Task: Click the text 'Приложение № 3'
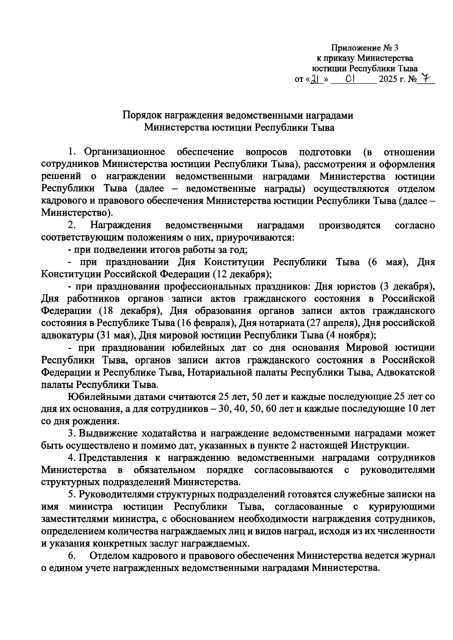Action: pos(365,48)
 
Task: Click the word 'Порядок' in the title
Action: pos(140,115)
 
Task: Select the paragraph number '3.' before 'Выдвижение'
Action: pos(72,433)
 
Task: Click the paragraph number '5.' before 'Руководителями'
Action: pos(72,494)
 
